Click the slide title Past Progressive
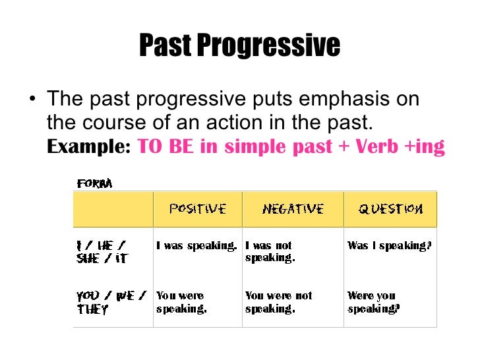[x=239, y=45]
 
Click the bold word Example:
[x=88, y=147]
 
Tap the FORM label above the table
[x=94, y=183]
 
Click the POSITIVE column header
[x=198, y=209]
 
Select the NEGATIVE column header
[x=293, y=209]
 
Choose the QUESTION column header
[x=390, y=209]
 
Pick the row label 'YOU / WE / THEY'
[x=110, y=302]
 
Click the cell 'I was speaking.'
[x=196, y=246]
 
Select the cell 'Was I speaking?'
[x=389, y=246]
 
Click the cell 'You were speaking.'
[x=181, y=302]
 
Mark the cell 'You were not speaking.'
[x=279, y=302]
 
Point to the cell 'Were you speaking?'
[x=373, y=302]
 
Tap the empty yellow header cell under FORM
[x=113, y=209]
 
